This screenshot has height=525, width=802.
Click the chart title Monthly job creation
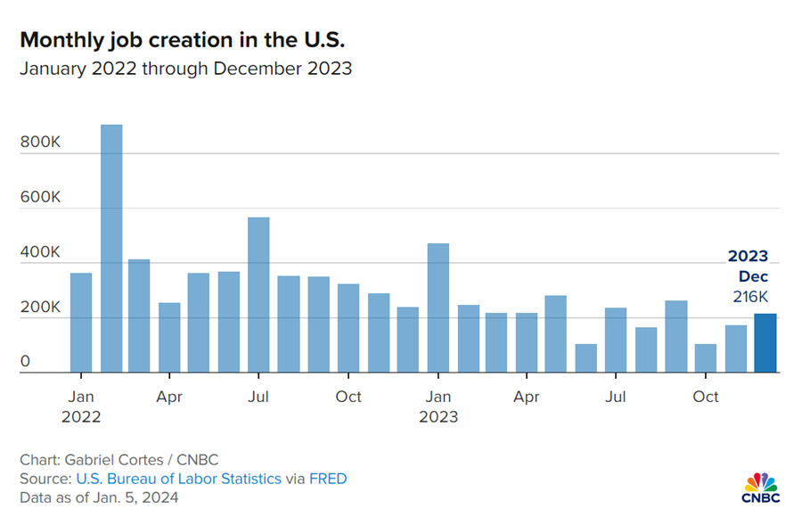tap(182, 40)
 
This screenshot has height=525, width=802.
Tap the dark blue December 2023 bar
tap(765, 343)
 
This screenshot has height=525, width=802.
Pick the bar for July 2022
tap(258, 294)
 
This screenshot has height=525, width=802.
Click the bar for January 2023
tap(438, 308)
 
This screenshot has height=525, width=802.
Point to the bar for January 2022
tap(81, 323)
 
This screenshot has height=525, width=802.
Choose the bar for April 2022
tap(169, 337)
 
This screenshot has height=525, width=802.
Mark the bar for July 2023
tap(616, 340)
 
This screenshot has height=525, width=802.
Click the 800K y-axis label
tap(40, 142)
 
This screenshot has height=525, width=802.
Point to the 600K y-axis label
tap(40, 197)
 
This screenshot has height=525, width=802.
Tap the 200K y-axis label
tap(40, 307)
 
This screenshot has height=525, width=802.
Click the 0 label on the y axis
tap(26, 362)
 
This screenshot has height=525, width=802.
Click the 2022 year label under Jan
tap(81, 416)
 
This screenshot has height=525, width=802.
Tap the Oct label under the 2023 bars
tap(706, 397)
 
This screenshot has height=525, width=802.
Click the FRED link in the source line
tap(328, 479)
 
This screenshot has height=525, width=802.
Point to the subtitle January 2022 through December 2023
tap(186, 69)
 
